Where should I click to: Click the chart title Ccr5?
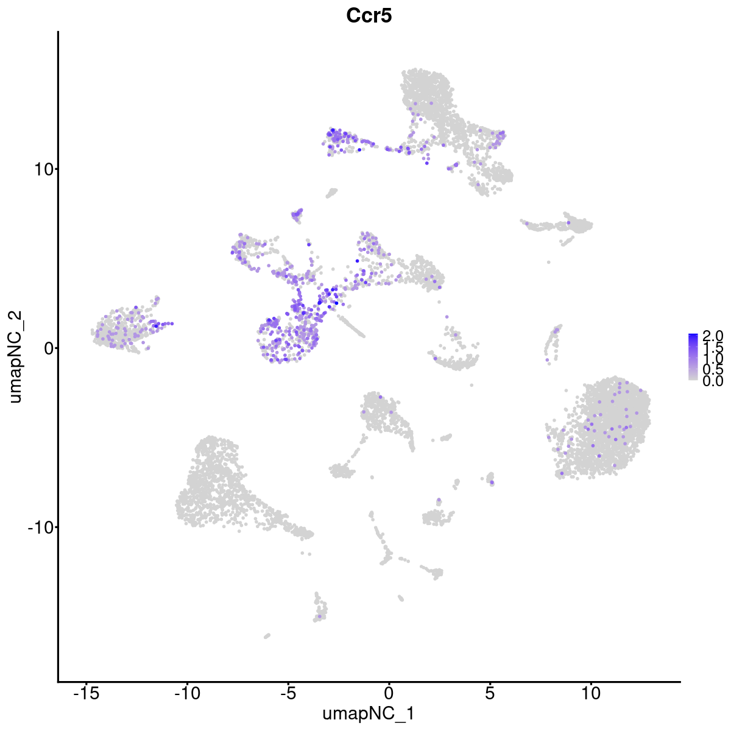(x=369, y=16)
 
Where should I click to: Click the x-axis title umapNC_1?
(x=369, y=713)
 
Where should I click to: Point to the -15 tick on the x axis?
(x=87, y=693)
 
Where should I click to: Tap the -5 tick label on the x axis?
(x=288, y=693)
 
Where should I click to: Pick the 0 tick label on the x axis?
(x=389, y=693)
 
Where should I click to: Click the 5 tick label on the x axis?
(x=490, y=693)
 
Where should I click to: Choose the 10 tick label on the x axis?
(x=590, y=693)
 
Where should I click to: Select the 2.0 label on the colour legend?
(x=712, y=336)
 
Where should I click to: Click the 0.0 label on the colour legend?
(x=712, y=381)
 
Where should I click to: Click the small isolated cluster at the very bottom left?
(x=267, y=636)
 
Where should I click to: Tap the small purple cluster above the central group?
(x=297, y=214)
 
